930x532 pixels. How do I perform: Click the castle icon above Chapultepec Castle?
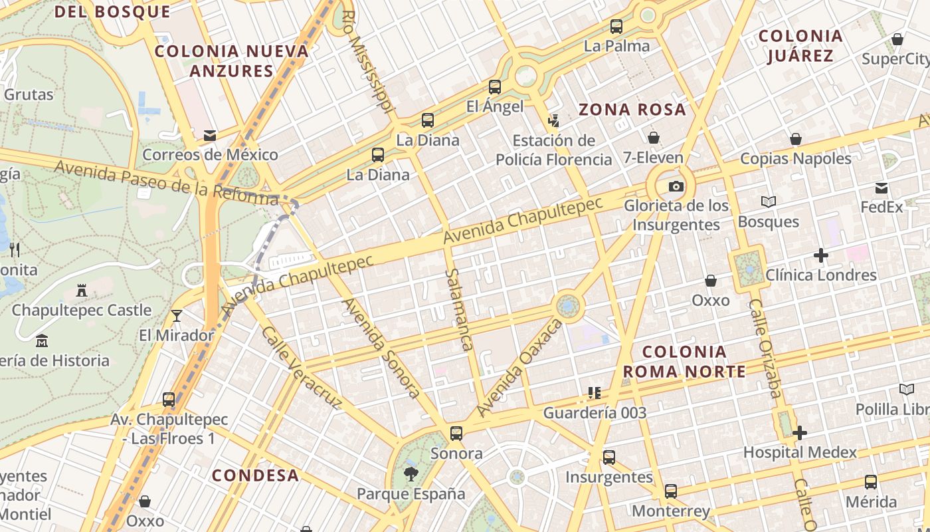[82, 291]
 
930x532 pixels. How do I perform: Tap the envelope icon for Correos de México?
[210, 136]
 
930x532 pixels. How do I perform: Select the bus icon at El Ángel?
[494, 86]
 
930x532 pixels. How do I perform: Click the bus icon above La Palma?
[616, 27]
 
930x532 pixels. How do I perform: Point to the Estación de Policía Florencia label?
[554, 150]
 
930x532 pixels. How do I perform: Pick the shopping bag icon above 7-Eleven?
[654, 138]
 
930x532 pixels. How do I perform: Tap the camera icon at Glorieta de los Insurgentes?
[676, 186]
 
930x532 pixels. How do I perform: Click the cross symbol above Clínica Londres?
[821, 255]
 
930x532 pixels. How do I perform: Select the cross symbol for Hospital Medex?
[800, 433]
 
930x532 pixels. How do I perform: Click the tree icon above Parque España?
[411, 474]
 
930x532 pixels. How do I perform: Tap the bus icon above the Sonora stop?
[456, 434]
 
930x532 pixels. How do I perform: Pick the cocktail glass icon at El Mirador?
[177, 315]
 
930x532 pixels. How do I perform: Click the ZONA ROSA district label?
[632, 110]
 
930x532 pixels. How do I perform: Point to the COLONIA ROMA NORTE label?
[684, 361]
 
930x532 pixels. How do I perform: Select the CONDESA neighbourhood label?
[255, 475]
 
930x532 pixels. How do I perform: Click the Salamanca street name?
[458, 309]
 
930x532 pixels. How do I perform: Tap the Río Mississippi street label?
[369, 61]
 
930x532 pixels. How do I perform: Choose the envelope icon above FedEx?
[882, 188]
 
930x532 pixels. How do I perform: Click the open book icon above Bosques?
[769, 201]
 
